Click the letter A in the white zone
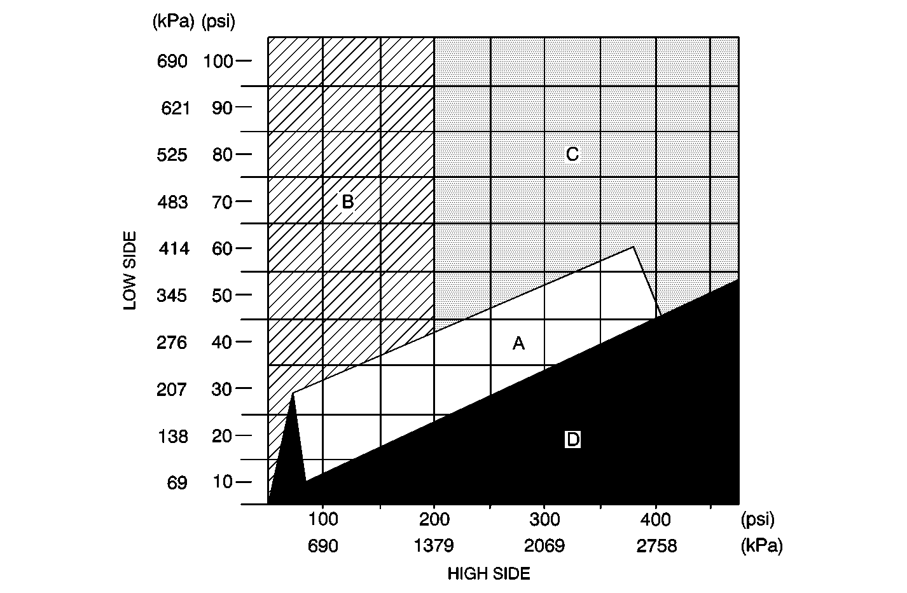coord(518,344)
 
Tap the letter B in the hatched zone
coord(347,201)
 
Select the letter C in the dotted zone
coord(572,154)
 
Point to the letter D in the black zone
coord(572,439)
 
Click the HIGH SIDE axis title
coord(488,574)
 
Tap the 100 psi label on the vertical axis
coord(218,62)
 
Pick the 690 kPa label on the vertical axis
coord(172,62)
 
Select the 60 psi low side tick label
coord(223,249)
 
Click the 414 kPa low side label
coord(174,249)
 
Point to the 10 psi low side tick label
coord(223,482)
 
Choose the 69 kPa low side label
coord(177,483)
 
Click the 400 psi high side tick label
coord(656,520)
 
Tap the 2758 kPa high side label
coord(656,546)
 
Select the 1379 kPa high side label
coord(434,546)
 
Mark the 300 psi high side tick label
coord(544,520)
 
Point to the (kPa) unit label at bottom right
coord(761,546)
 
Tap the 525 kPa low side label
coord(172,155)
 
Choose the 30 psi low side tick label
coord(223,389)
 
